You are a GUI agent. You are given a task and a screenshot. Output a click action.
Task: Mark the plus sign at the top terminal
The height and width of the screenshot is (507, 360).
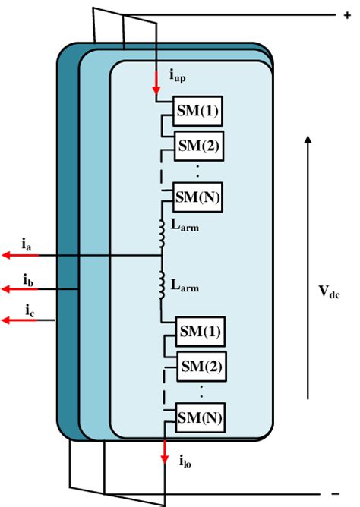pyautogui.click(x=337, y=14)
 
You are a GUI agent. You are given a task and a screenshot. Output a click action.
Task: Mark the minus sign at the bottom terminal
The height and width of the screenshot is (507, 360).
pyautogui.click(x=334, y=493)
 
